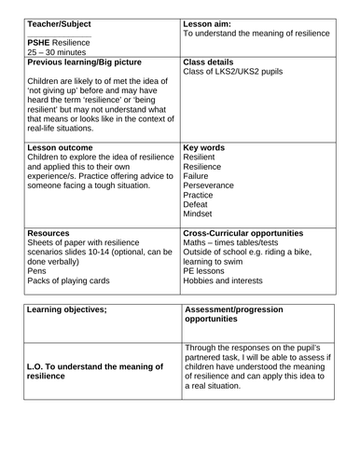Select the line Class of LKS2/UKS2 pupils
[x=231, y=74]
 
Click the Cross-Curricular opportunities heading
[x=243, y=232]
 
